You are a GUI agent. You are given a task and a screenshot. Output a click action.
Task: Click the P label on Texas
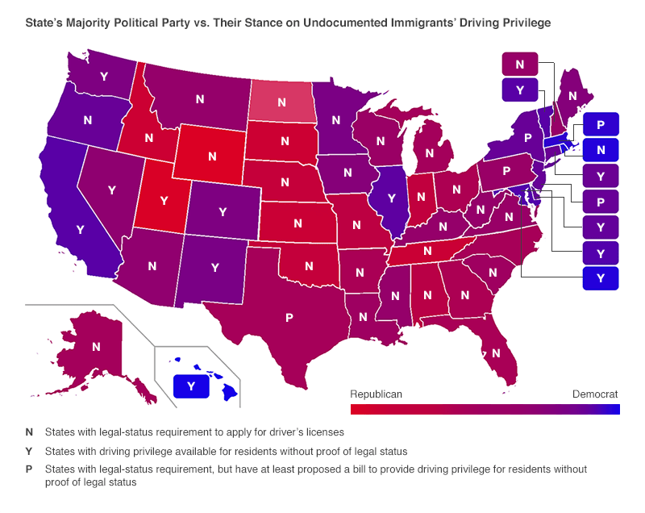[x=289, y=317]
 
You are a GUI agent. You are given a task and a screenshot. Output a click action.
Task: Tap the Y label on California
[x=80, y=229]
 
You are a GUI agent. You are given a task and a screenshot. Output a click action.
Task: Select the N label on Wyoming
[x=212, y=156]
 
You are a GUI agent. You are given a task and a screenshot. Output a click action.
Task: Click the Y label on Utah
[x=164, y=199]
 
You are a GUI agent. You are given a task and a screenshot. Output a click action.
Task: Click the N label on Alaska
[x=96, y=346]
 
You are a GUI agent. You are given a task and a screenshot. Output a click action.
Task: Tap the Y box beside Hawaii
[x=191, y=386]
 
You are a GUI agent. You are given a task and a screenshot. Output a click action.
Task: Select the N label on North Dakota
[x=281, y=102]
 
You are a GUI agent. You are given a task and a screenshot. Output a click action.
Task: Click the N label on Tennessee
[x=428, y=251]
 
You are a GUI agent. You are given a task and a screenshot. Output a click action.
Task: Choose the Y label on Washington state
[x=103, y=76]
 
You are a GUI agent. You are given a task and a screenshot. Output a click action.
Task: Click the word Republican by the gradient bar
[x=376, y=394]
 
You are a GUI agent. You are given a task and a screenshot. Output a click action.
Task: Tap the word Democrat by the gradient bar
[x=595, y=394]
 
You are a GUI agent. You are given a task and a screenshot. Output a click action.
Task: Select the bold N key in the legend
[x=29, y=432]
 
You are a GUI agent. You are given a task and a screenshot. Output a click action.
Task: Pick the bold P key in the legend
[x=29, y=469]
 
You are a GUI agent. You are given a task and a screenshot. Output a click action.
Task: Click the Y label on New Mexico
[x=215, y=267]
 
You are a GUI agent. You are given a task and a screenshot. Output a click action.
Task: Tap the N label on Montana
[x=200, y=98]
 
